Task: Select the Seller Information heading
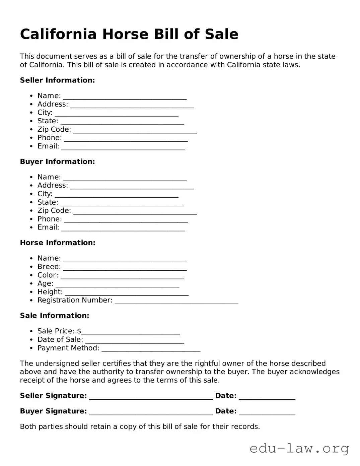point(57,80)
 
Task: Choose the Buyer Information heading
point(57,162)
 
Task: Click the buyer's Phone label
point(50,219)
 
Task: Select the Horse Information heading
point(58,243)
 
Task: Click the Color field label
point(48,275)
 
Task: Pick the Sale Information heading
point(55,316)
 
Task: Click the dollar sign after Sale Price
point(79,331)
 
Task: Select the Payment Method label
point(68,348)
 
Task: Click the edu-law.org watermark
point(299,448)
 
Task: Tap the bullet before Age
point(31,284)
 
